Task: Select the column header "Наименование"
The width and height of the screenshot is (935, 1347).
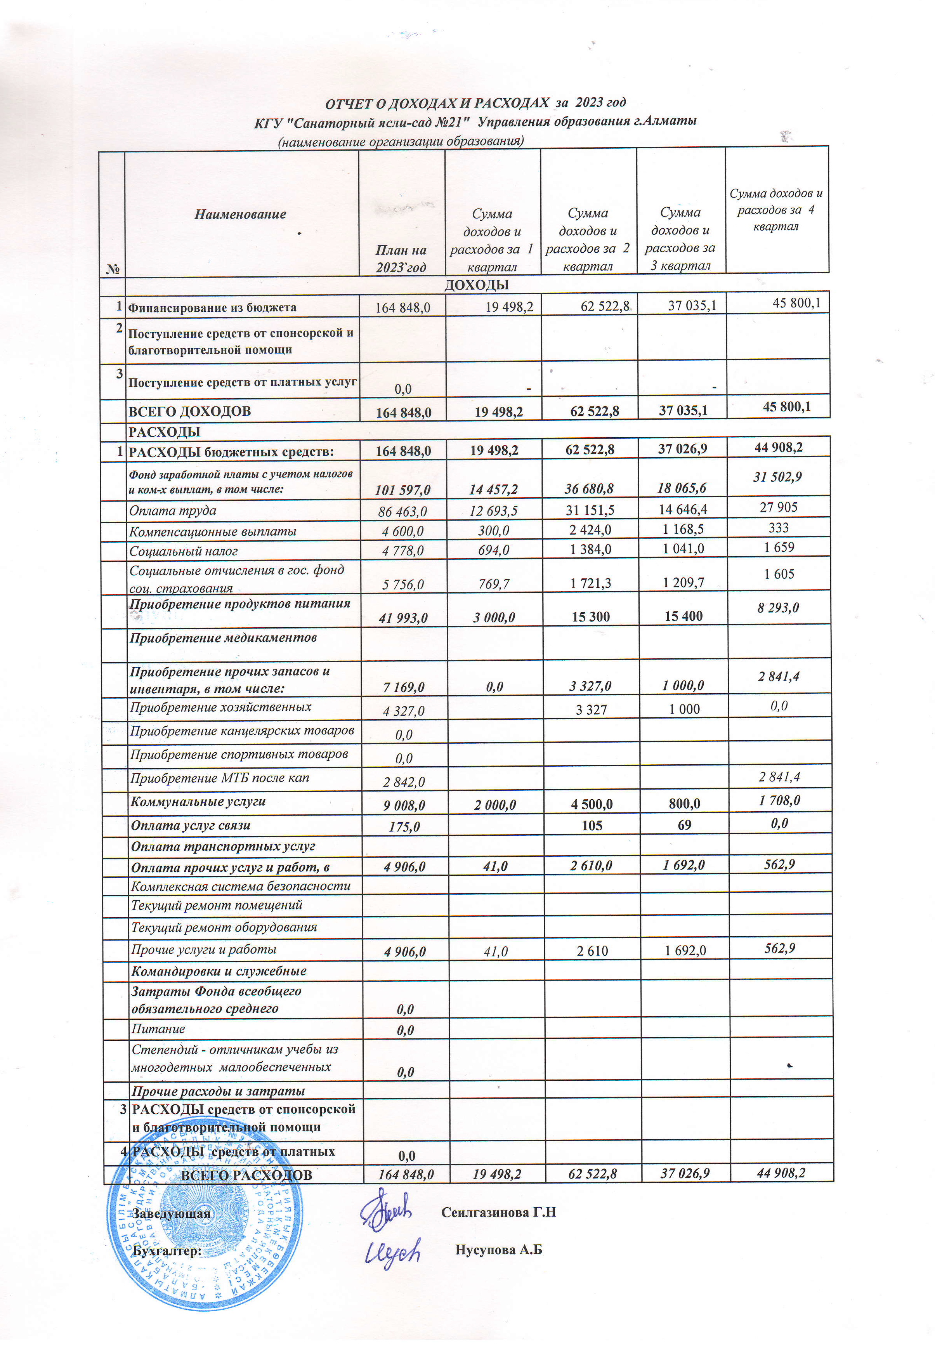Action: click(x=240, y=214)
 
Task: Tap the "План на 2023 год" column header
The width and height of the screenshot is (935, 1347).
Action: click(x=401, y=259)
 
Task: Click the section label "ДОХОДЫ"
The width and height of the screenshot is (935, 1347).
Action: click(x=476, y=285)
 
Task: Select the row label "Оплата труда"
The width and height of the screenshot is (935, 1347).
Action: click(x=173, y=510)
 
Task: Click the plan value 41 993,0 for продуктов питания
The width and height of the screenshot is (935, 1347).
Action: click(x=403, y=618)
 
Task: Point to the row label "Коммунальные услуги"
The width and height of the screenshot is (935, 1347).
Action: click(x=198, y=802)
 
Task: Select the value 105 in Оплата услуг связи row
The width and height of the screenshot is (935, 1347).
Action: click(x=592, y=826)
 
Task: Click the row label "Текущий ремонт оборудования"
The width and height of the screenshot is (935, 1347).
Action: click(x=224, y=927)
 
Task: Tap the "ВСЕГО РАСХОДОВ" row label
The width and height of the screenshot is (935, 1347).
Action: click(x=246, y=1175)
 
